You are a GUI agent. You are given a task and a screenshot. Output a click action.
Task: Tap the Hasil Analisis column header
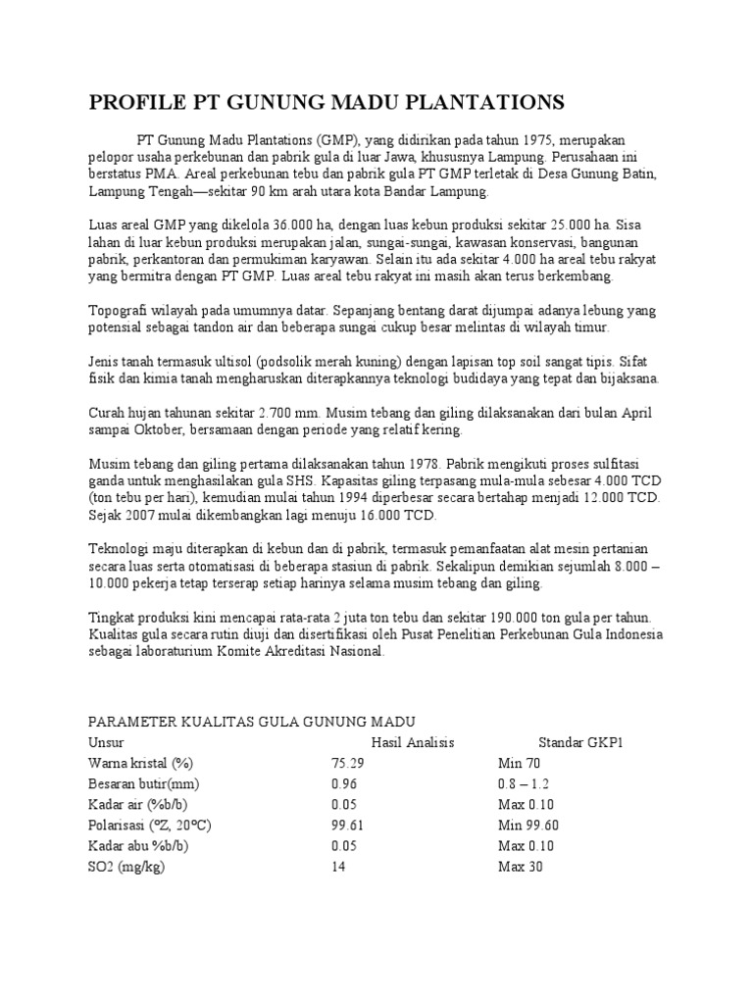point(412,742)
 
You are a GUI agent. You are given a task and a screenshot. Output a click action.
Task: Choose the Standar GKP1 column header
point(580,742)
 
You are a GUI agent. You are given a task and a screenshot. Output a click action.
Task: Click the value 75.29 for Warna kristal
point(348,763)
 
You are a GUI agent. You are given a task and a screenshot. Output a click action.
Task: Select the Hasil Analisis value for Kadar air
point(345,804)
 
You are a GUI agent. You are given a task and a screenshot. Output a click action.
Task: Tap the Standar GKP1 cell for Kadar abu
point(527,845)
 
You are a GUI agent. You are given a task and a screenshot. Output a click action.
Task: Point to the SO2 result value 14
point(339,867)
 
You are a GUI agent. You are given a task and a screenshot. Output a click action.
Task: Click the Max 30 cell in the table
point(520,867)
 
